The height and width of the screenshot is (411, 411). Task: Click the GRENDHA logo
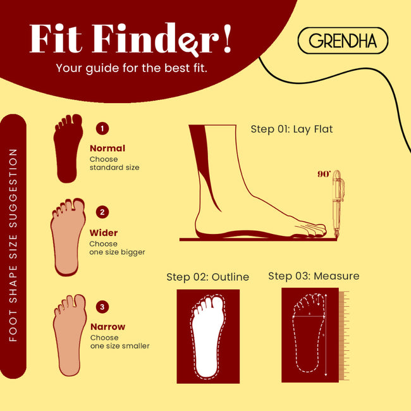(x=343, y=40)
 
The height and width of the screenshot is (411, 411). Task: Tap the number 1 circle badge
(x=102, y=128)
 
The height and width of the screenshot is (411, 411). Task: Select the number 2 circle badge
(x=102, y=212)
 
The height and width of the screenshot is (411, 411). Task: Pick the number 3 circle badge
(x=102, y=307)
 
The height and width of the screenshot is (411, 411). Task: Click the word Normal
(x=107, y=149)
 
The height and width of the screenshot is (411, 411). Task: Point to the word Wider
(x=104, y=233)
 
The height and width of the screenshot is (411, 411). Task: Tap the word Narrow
(x=107, y=327)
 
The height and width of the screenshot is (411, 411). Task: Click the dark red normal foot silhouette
(x=68, y=149)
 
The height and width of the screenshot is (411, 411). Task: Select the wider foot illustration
(x=68, y=237)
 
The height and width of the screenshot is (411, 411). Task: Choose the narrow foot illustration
(x=70, y=335)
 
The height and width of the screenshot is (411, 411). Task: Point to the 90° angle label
(x=324, y=174)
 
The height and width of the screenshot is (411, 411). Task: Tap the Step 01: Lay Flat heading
(x=291, y=129)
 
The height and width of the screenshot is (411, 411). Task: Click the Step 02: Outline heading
(x=207, y=277)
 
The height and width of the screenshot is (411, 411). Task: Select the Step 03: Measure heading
(x=314, y=276)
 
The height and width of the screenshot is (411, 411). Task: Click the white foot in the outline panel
(x=208, y=336)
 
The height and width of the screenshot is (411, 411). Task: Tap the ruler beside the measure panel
(x=344, y=336)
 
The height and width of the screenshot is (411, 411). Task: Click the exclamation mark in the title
(x=227, y=39)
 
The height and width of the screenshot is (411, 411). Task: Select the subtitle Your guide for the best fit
(x=132, y=68)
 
